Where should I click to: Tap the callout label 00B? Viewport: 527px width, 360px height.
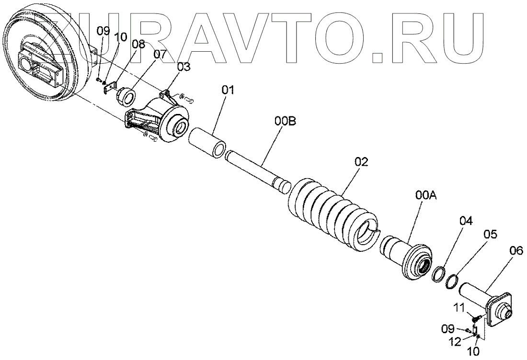click(x=285, y=122)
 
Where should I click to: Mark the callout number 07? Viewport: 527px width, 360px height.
click(x=160, y=55)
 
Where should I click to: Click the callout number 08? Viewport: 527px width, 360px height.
click(x=138, y=44)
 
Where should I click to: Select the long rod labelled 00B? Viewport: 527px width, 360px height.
click(x=259, y=168)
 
